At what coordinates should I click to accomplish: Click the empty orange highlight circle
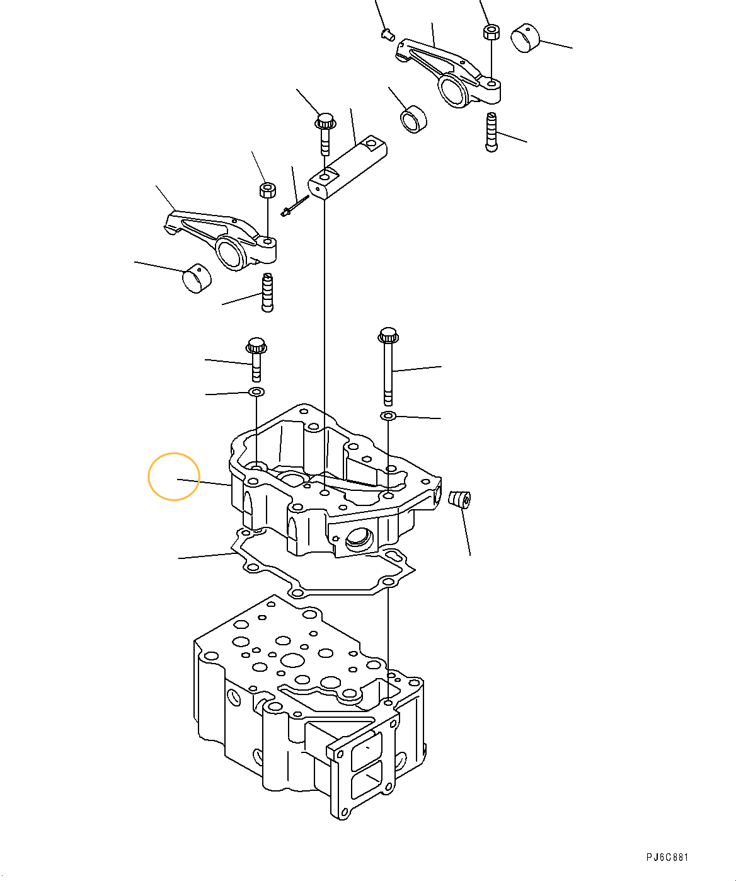[x=173, y=476]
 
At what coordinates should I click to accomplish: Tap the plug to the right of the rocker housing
[x=459, y=500]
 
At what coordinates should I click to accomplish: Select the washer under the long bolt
[x=388, y=416]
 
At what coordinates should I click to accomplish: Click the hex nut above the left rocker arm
[x=267, y=190]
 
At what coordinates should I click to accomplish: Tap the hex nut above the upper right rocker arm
[x=492, y=32]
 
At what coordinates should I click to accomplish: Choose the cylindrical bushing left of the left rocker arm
[x=197, y=278]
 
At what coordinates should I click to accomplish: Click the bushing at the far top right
[x=526, y=38]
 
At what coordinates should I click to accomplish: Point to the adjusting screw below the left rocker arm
[x=268, y=292]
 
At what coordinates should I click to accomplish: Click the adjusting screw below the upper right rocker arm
[x=492, y=132]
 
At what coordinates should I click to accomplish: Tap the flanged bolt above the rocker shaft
[x=325, y=134]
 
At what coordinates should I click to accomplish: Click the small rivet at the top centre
[x=388, y=35]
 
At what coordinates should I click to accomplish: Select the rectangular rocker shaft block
[x=348, y=166]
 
